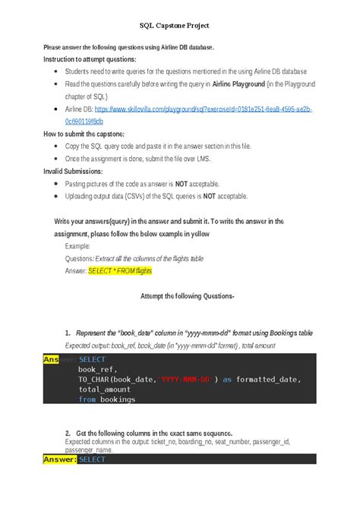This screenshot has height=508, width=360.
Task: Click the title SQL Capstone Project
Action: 179,26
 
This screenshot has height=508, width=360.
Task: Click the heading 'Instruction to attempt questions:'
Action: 90,58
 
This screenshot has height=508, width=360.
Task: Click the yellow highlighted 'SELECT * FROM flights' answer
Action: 120,270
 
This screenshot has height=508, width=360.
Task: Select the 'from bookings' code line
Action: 106,399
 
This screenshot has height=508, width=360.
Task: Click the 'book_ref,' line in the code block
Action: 98,369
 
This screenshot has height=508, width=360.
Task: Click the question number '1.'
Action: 68,333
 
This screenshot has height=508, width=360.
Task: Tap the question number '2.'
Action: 68,432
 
